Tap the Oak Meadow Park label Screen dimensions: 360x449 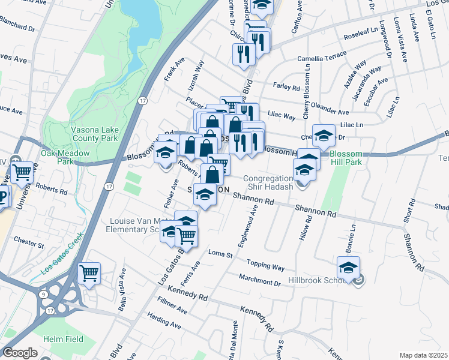(65, 157)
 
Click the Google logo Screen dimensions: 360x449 (20, 353)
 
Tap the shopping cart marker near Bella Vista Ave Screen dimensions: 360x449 (89, 273)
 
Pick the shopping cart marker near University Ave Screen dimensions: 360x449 (23, 173)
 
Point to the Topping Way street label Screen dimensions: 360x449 (266, 264)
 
